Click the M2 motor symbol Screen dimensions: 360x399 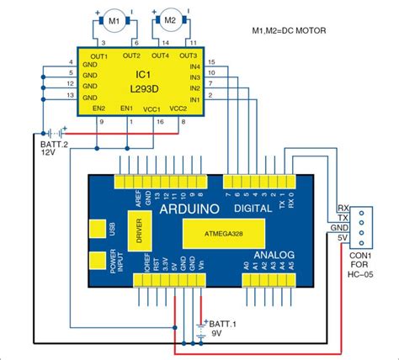168,19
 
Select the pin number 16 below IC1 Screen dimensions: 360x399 158,123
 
